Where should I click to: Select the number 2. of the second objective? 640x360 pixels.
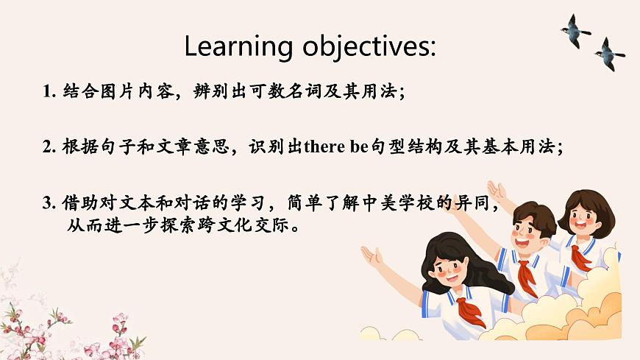coord(49,146)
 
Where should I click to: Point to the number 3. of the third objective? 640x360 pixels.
coord(49,202)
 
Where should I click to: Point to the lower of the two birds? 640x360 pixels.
coord(610,54)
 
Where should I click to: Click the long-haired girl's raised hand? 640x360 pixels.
coord(371,257)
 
